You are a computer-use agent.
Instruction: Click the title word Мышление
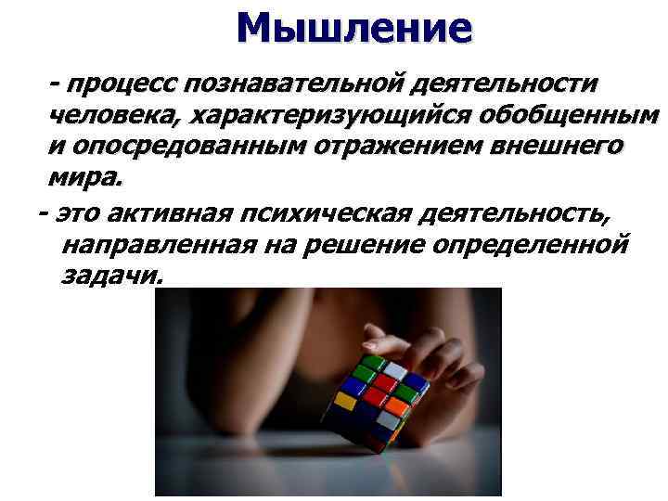tap(353, 28)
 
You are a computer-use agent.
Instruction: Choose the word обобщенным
tap(571, 116)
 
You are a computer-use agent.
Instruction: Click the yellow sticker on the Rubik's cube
tap(344, 401)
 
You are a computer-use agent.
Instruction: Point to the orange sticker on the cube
tap(399, 405)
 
